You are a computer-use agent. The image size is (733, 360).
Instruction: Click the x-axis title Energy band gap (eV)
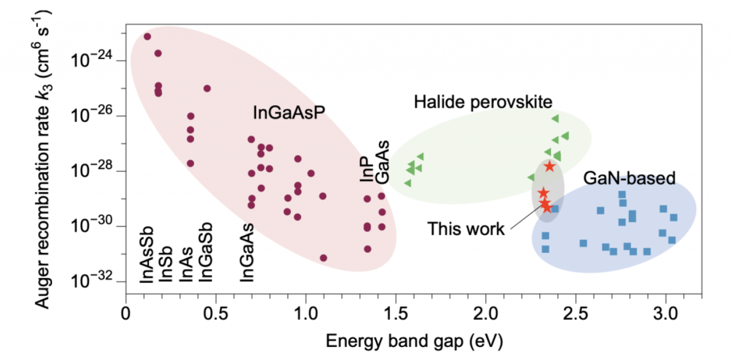tap(415, 342)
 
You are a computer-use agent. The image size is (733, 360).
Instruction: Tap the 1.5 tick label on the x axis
tap(395, 315)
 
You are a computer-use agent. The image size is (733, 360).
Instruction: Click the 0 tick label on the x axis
tap(126, 315)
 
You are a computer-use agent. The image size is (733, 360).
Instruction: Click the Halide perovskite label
tap(483, 102)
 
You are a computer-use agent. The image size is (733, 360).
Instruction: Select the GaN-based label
tap(629, 178)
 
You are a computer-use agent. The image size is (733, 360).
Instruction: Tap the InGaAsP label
tap(289, 113)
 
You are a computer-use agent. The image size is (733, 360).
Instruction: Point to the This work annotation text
tap(466, 230)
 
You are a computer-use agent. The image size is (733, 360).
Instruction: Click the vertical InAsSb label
tap(147, 255)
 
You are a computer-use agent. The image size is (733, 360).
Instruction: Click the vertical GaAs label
tap(384, 162)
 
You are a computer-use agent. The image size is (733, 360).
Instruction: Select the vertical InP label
tap(367, 170)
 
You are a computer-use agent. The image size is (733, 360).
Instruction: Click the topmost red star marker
tap(550, 167)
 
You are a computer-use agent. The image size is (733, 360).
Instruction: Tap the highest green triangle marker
tap(555, 118)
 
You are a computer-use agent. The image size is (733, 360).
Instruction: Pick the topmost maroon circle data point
tap(147, 37)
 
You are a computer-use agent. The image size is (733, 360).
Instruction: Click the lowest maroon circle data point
tap(324, 258)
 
